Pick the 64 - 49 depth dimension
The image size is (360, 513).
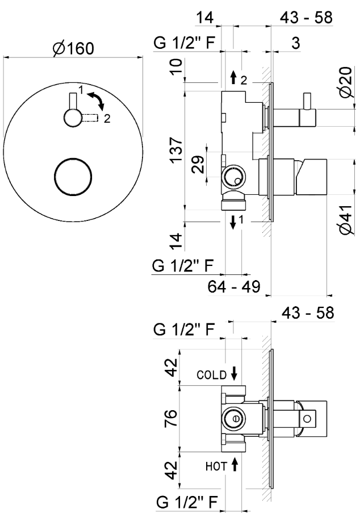point(234,286)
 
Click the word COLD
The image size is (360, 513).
point(212,375)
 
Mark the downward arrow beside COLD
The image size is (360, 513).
point(234,374)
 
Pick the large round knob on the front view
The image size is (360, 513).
point(72,176)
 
